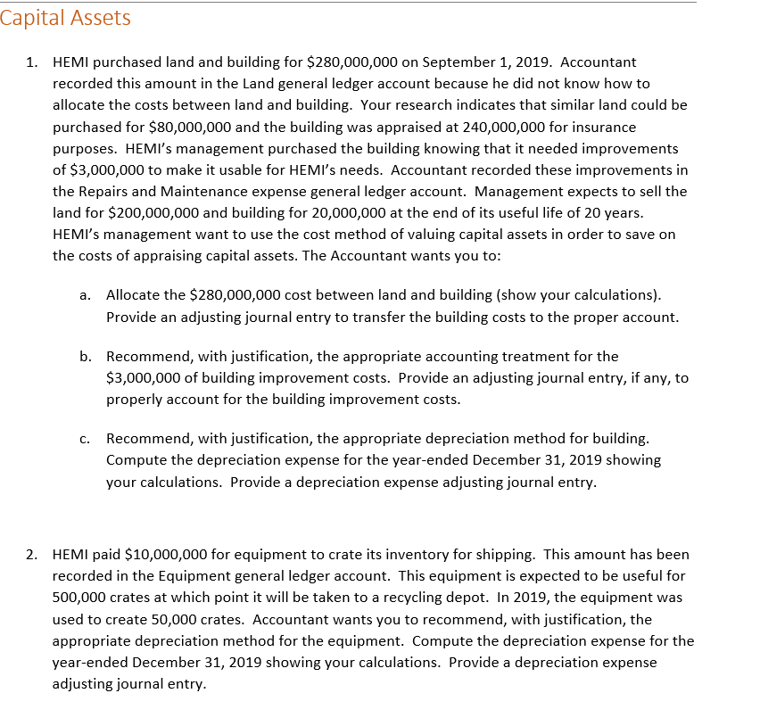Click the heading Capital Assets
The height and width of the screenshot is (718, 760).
click(65, 18)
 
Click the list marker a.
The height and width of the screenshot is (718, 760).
click(85, 295)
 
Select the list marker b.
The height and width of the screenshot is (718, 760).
click(85, 357)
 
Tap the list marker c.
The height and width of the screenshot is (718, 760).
click(85, 439)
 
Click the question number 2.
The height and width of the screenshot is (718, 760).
click(31, 555)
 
